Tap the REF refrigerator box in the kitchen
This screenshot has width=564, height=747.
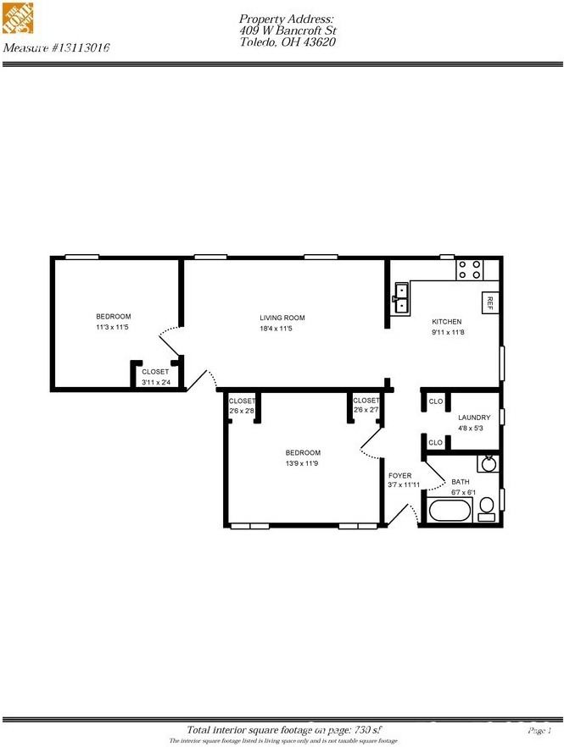coord(489,302)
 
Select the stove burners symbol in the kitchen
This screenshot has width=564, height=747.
coord(470,268)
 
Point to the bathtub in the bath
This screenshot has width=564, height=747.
coord(449,512)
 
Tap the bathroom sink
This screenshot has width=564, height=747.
coord(489,463)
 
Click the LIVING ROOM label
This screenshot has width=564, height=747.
coord(282,318)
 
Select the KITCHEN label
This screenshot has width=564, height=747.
coord(446,322)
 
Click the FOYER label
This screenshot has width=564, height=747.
coord(399,476)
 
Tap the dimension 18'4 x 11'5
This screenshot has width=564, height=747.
coord(282,329)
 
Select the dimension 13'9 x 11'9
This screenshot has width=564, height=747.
coord(303,462)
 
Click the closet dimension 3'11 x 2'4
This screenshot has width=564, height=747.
coord(155,382)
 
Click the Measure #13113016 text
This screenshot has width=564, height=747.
coord(57,47)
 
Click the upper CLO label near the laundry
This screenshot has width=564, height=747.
coord(436,401)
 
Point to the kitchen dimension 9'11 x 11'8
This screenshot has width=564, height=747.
coord(447,333)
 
